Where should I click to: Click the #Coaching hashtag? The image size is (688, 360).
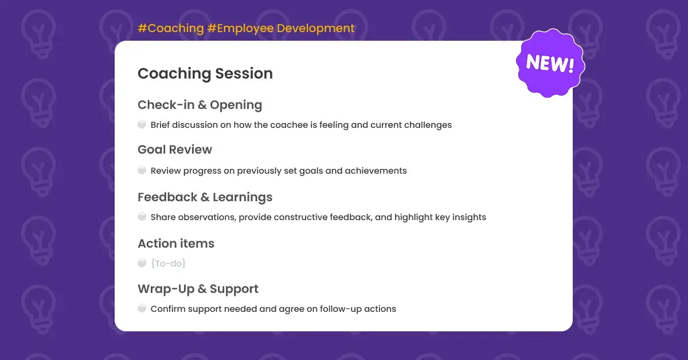(171, 28)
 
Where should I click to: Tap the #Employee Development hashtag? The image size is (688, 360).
(281, 29)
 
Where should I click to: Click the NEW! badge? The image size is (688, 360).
(550, 63)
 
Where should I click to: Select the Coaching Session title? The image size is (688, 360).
(205, 73)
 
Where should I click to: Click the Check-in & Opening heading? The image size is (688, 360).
(200, 105)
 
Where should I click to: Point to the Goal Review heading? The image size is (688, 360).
(175, 150)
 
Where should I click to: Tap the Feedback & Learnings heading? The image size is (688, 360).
(205, 197)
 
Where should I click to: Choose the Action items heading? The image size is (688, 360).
(176, 244)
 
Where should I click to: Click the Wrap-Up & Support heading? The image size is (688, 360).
(198, 289)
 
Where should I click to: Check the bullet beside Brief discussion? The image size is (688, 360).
(142, 124)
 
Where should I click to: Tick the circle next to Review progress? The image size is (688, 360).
(142, 170)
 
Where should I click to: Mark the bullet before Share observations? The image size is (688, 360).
(142, 217)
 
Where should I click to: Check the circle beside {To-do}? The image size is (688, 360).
(142, 263)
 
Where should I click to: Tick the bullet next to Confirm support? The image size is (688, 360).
(142, 308)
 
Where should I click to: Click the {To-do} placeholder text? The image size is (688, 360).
(169, 264)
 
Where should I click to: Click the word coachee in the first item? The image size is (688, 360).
(289, 125)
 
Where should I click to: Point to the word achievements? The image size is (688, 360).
(376, 171)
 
